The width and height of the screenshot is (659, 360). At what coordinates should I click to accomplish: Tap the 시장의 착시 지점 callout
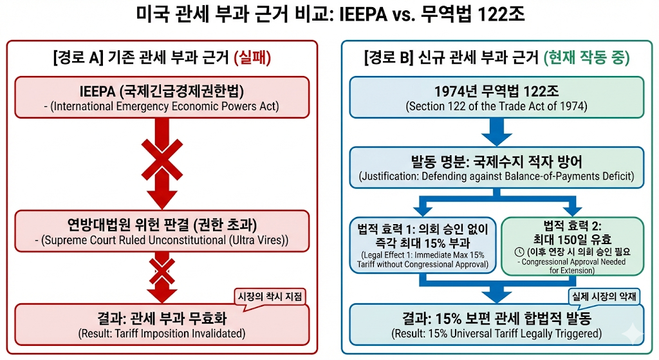point(271,296)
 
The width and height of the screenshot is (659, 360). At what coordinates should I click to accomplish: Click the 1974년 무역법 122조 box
point(496,97)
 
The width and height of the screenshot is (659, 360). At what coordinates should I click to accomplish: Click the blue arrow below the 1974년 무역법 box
point(496,132)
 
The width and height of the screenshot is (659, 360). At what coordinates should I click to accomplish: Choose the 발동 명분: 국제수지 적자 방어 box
point(496,167)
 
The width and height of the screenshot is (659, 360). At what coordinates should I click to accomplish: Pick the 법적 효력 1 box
point(423,245)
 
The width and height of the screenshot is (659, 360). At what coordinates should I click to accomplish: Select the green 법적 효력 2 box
point(572,245)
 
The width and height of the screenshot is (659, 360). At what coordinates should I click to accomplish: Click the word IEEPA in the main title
point(363,14)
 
